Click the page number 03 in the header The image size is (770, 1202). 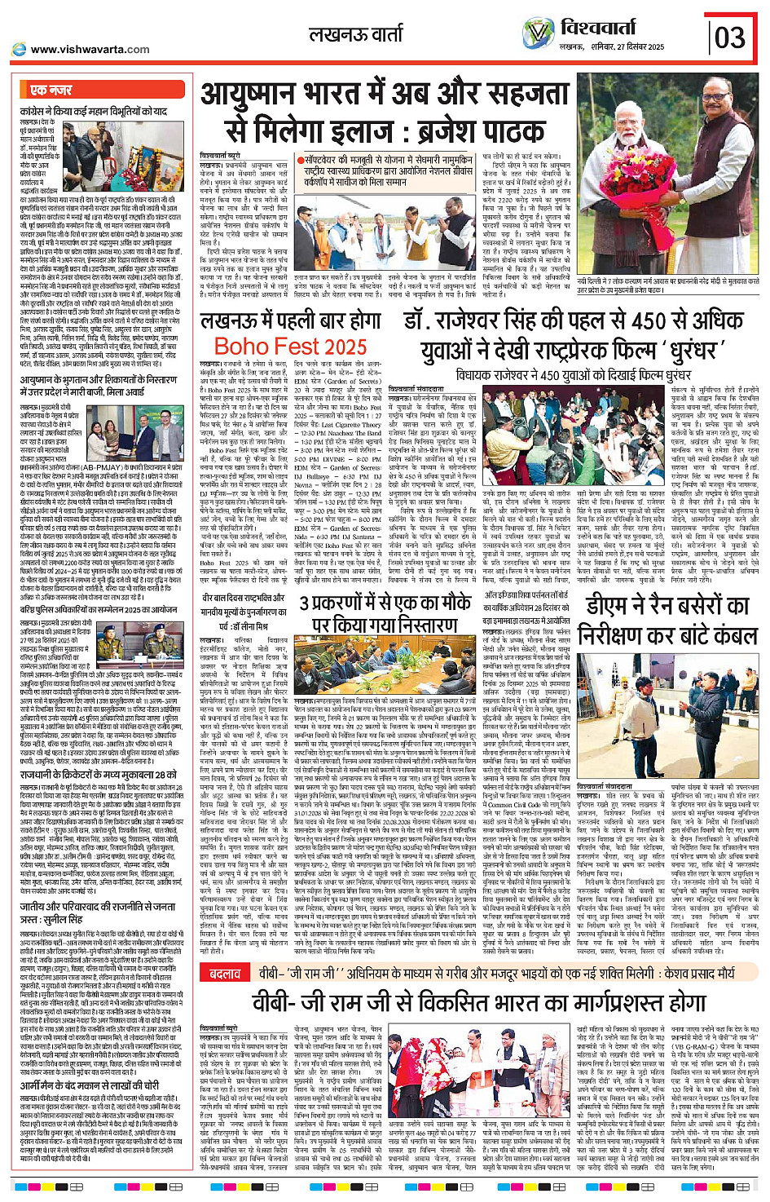(x=729, y=38)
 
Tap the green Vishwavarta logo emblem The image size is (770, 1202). (x=538, y=33)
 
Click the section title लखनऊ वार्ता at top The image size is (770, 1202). (x=356, y=34)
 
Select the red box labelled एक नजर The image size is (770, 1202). (x=51, y=90)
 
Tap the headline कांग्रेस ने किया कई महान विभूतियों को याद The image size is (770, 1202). (x=94, y=110)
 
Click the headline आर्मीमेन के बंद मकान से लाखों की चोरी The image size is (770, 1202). (x=90, y=1085)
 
